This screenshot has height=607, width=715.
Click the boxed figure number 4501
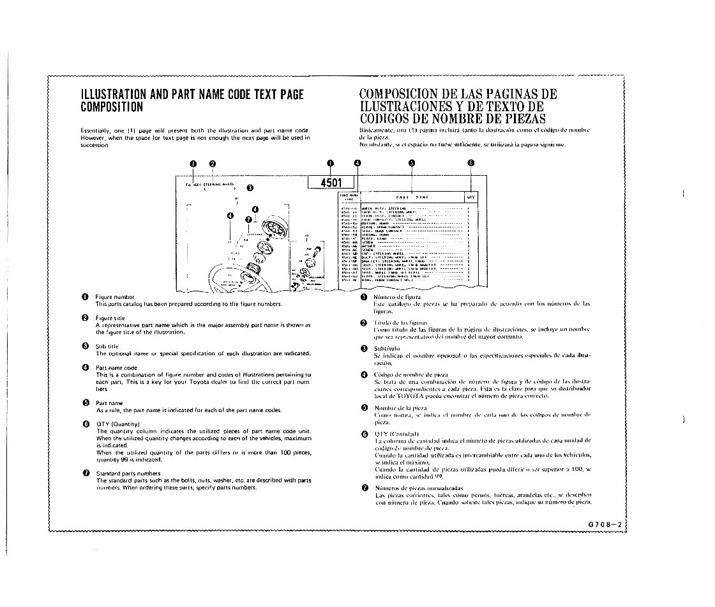[331, 182]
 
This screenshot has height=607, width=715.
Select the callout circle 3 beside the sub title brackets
[250, 188]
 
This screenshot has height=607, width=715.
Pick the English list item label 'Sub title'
[107, 346]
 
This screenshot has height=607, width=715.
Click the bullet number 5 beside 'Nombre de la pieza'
[363, 407]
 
